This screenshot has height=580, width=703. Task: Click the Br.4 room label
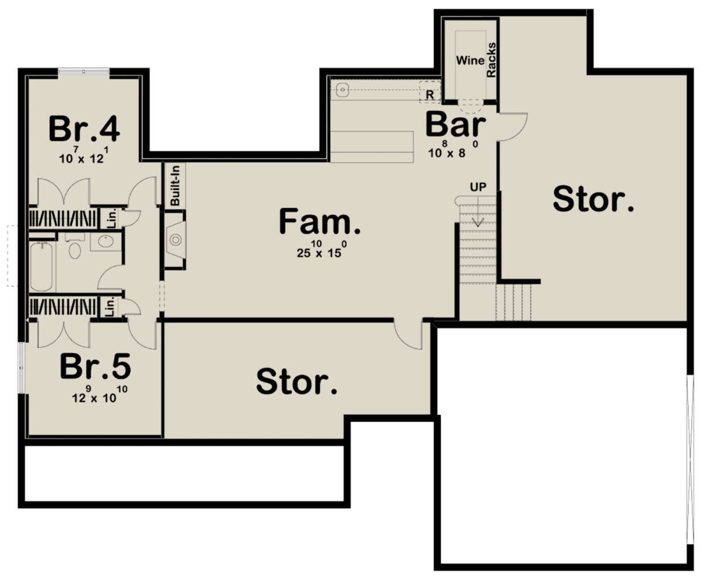[x=84, y=129]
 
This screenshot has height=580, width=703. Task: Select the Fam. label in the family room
[x=319, y=221]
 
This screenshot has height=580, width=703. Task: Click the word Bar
[x=456, y=125]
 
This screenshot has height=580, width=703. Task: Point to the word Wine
[x=470, y=60]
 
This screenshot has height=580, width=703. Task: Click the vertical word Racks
[x=492, y=60]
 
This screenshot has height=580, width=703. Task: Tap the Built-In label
[x=175, y=185]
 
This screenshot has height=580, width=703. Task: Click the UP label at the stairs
[x=478, y=187]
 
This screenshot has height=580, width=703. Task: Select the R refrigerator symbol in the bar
[x=430, y=95]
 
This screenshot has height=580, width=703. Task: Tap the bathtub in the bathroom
[x=42, y=267]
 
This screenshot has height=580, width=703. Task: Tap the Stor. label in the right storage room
[x=593, y=200]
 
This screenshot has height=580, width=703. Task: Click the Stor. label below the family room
[x=296, y=381]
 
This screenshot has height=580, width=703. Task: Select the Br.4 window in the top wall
[x=84, y=71]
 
